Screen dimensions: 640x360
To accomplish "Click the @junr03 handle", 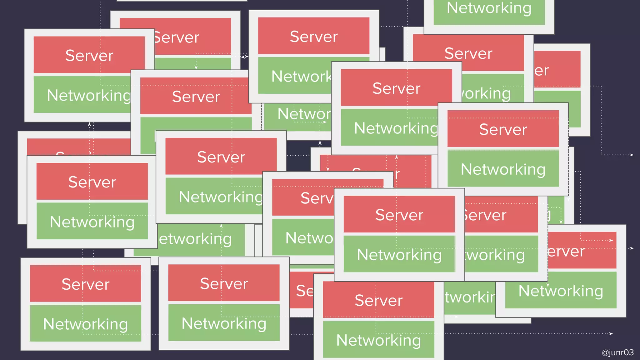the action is (617, 352).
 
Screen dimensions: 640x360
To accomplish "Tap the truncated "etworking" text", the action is (195, 239).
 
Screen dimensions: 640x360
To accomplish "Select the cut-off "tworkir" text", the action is (470, 297).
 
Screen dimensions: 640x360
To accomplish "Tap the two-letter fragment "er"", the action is (542, 71).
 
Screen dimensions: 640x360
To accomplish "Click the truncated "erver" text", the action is (566, 252).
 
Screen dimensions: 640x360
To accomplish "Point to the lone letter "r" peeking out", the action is (397, 174).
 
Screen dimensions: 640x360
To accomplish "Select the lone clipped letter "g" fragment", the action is (549, 215).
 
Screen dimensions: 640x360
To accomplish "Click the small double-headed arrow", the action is (244, 57).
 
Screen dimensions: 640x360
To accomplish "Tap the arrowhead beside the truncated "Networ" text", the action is (325, 122).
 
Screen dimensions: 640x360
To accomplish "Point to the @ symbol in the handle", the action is (605, 353).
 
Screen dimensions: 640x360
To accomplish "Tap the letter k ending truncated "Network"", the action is (327, 77).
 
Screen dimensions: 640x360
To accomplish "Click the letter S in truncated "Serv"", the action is (305, 198).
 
